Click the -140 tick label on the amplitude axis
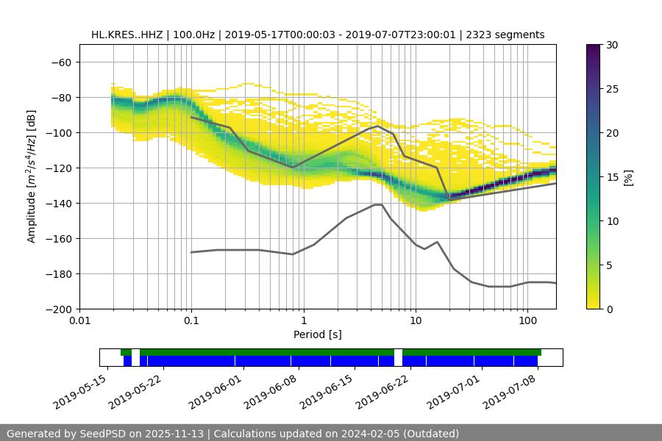pos(60,204)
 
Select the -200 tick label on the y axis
pos(60,309)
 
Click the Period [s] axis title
pos(318,335)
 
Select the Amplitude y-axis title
pos(32,177)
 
